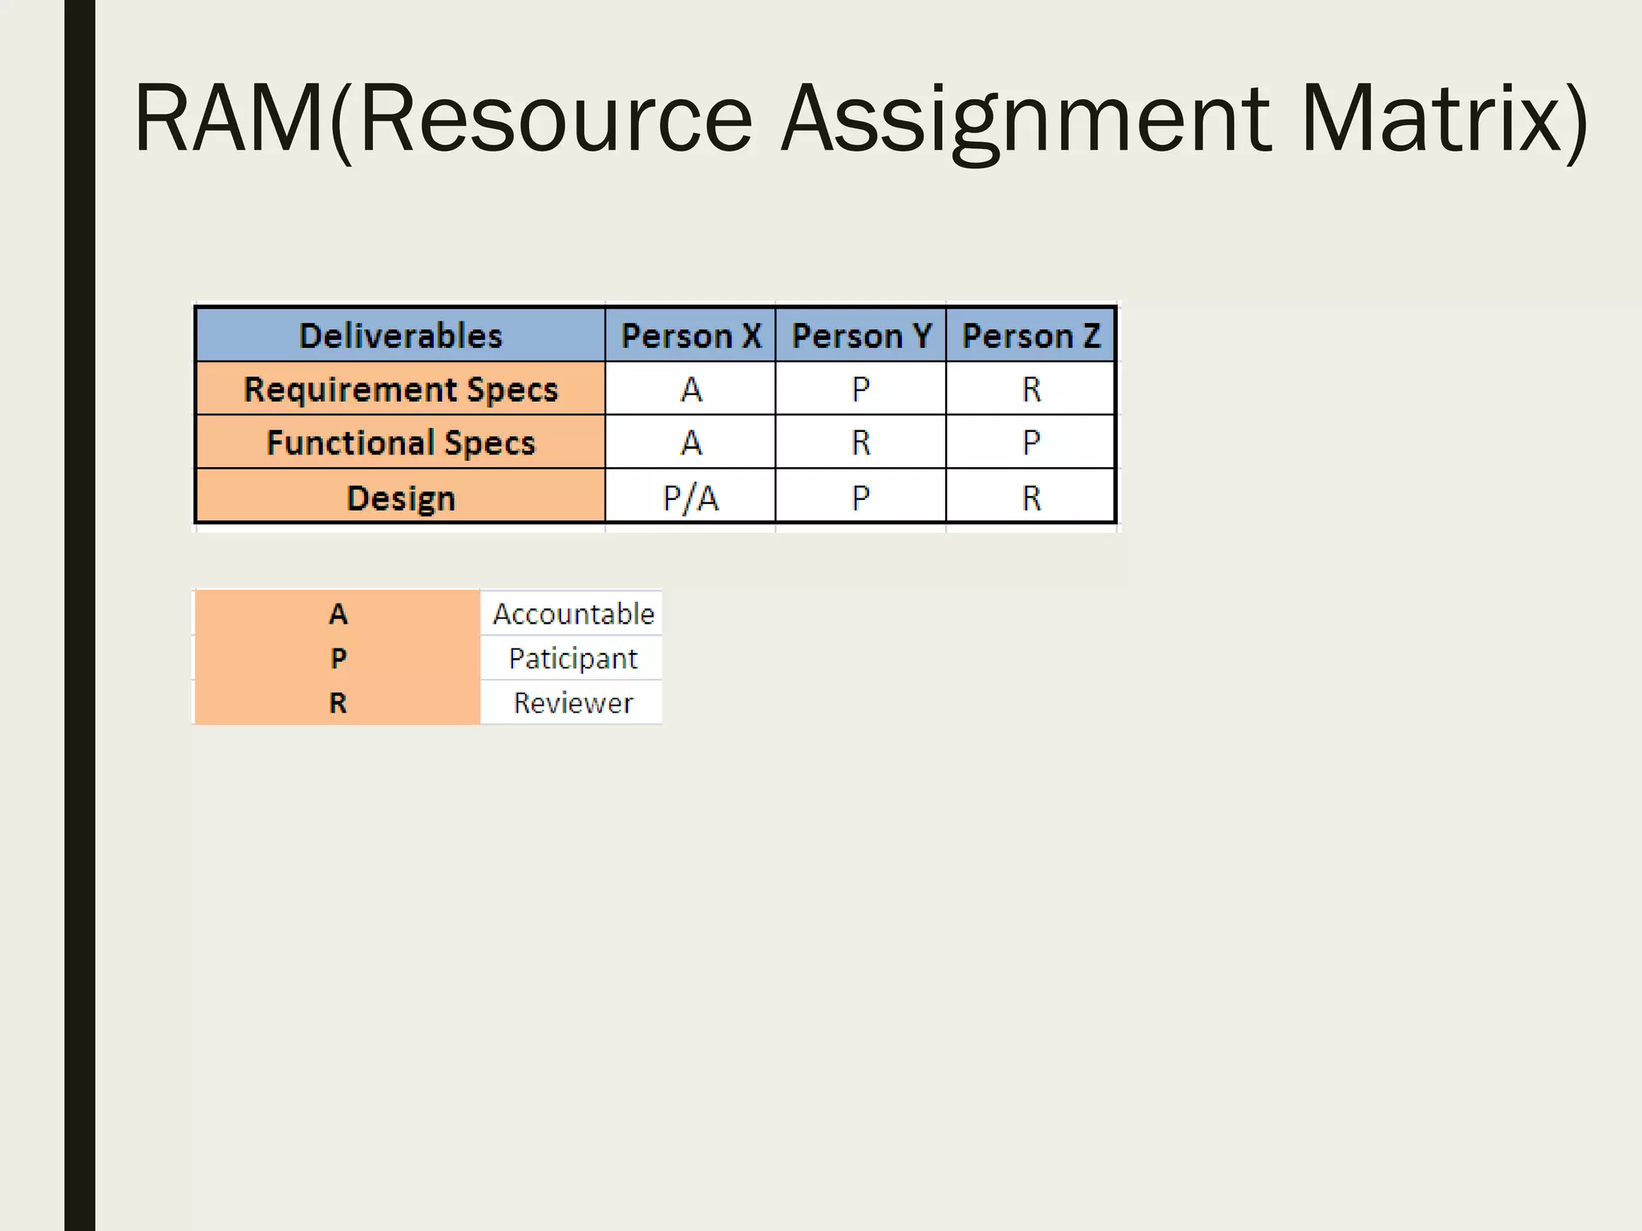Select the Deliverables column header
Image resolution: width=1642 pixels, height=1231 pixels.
pyautogui.click(x=400, y=336)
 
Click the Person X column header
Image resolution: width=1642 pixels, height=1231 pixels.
pyautogui.click(x=691, y=336)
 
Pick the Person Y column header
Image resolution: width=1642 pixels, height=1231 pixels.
pyautogui.click(x=861, y=336)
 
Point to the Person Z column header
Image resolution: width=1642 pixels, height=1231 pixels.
pyautogui.click(x=1031, y=336)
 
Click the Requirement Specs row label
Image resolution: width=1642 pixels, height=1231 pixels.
pyautogui.click(x=400, y=389)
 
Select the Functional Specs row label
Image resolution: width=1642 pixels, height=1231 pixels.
pyautogui.click(x=400, y=442)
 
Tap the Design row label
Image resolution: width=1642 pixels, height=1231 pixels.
pyautogui.click(x=400, y=498)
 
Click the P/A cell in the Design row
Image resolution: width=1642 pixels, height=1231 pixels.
pyautogui.click(x=691, y=498)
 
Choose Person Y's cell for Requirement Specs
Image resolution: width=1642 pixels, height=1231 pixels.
pyautogui.click(x=861, y=389)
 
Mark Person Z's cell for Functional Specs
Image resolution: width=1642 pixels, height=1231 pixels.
pyautogui.click(x=1031, y=442)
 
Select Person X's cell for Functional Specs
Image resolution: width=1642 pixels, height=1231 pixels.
pyautogui.click(x=691, y=442)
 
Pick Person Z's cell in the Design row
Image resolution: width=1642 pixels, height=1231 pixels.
pyautogui.click(x=1031, y=498)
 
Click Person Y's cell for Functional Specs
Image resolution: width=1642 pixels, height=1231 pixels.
pyautogui.click(x=861, y=442)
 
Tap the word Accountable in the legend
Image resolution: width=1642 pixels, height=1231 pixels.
pyautogui.click(x=573, y=614)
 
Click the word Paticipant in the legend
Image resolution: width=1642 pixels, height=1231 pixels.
pyautogui.click(x=573, y=659)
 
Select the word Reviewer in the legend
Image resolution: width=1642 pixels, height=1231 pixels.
pyautogui.click(x=573, y=703)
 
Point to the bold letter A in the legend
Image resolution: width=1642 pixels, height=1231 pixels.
pyautogui.click(x=338, y=614)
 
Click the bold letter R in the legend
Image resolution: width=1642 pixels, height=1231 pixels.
pyautogui.click(x=338, y=703)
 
